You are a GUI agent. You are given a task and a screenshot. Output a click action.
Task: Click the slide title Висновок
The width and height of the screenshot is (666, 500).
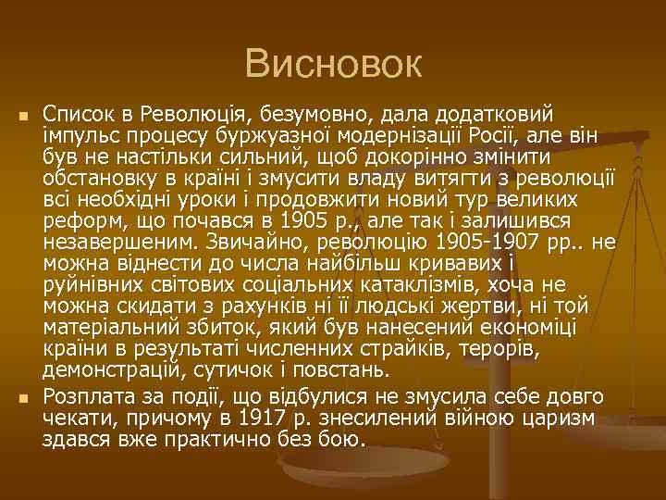pos(333,64)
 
